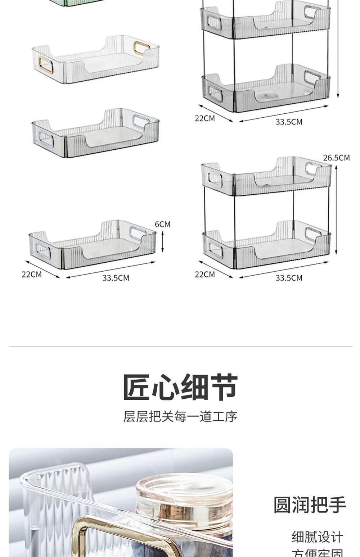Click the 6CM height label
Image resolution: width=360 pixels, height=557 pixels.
pyautogui.click(x=162, y=224)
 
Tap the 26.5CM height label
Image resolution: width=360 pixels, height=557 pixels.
pyautogui.click(x=336, y=158)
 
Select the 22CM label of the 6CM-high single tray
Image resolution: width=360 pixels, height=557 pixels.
pyautogui.click(x=32, y=274)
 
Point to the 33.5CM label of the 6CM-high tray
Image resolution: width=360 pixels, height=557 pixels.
pyautogui.click(x=116, y=278)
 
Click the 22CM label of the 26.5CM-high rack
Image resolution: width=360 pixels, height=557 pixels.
pyautogui.click(x=205, y=274)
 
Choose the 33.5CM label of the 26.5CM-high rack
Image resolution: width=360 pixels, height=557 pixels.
pyautogui.click(x=289, y=278)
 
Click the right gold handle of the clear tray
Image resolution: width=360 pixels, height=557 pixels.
pyautogui.click(x=141, y=48)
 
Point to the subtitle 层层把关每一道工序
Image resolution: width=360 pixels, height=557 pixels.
pyautogui.click(x=180, y=417)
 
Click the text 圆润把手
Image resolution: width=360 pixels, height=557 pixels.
pyautogui.click(x=310, y=504)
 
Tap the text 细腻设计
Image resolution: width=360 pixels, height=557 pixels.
pyautogui.click(x=317, y=537)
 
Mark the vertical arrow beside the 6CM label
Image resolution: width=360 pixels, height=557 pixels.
pyautogui.click(x=162, y=241)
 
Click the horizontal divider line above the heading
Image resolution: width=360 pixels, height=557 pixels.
pyautogui.click(x=180, y=346)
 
